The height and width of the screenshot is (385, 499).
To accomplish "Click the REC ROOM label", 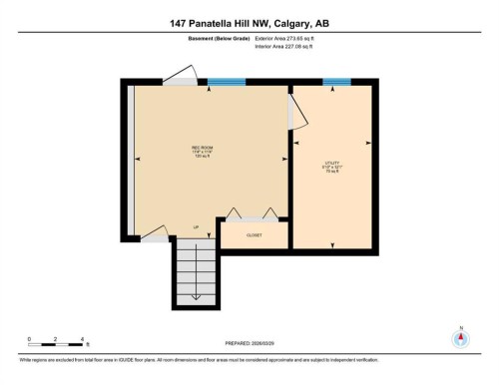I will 204,151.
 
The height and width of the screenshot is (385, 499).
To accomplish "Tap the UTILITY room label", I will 332,165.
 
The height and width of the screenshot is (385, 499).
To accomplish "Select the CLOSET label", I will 253,235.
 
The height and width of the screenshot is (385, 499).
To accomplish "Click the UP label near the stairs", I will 196,227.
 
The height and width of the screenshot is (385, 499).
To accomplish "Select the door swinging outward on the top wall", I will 180,74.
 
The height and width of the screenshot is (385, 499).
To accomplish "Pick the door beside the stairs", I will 155,233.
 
